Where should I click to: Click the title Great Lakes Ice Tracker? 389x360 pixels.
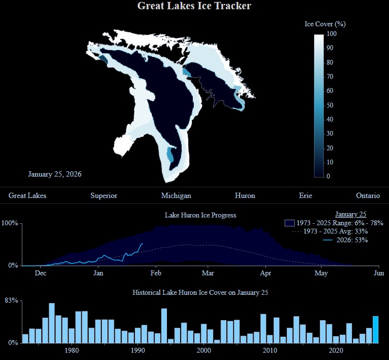(x=194, y=6)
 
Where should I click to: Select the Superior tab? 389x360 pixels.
(x=104, y=196)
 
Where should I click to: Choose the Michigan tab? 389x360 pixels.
(x=176, y=196)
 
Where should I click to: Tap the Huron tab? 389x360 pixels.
(x=244, y=196)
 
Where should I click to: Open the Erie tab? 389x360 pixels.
(x=305, y=196)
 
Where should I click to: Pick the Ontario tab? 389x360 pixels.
(x=368, y=196)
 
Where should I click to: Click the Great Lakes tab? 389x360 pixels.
(x=27, y=196)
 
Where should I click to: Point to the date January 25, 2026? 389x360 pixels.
(x=55, y=174)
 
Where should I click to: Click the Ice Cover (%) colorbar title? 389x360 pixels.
(x=325, y=24)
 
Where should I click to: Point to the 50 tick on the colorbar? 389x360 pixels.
(x=330, y=105)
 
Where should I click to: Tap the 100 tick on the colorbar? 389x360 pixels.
(x=332, y=34)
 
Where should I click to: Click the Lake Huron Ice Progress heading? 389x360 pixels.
(x=200, y=215)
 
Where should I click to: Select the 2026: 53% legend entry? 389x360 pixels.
(x=346, y=240)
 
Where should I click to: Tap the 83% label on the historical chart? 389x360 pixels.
(x=11, y=301)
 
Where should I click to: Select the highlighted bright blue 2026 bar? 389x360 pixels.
(x=375, y=329)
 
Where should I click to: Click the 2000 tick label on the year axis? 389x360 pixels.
(x=204, y=351)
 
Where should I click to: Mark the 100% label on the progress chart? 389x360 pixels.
(x=10, y=223)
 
